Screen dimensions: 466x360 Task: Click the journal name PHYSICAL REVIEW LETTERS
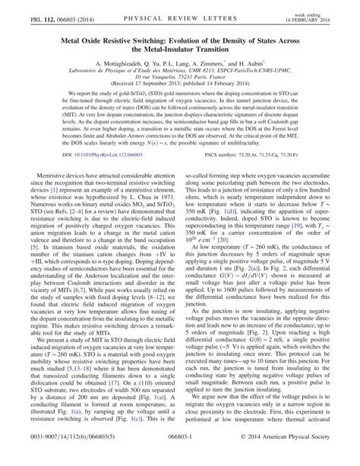pyautogui.click(x=179, y=11)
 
